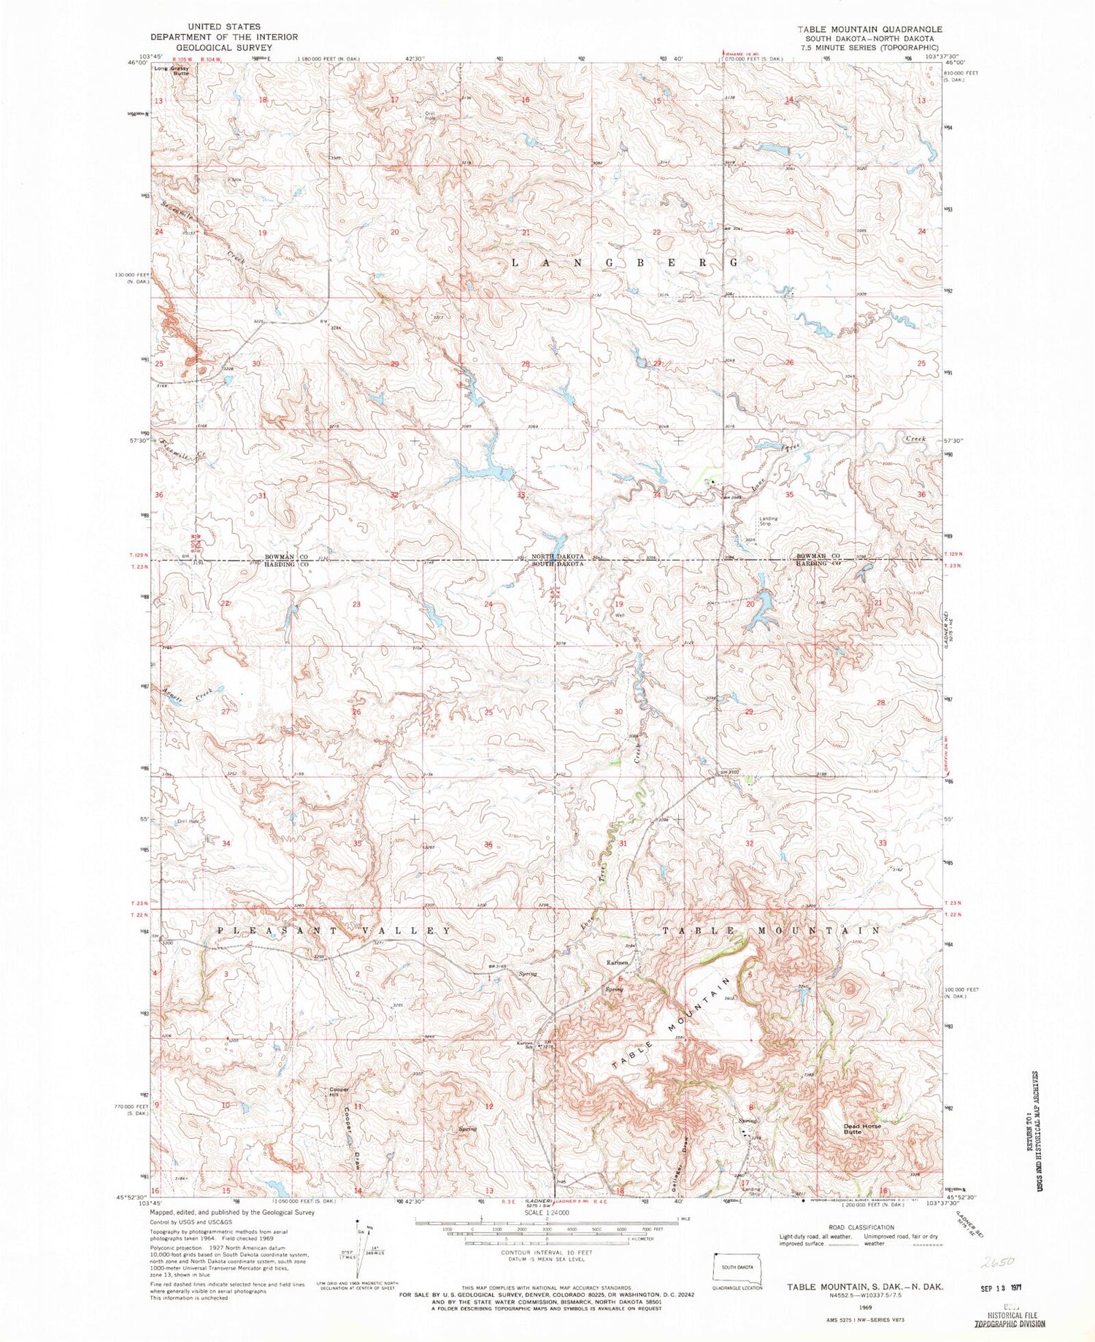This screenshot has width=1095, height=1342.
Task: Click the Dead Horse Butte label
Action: (862, 1130)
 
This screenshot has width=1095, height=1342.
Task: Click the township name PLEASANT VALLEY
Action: (334, 931)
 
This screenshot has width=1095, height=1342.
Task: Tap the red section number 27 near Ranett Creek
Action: (226, 711)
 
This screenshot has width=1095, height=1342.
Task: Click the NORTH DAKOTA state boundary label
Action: (557, 556)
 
